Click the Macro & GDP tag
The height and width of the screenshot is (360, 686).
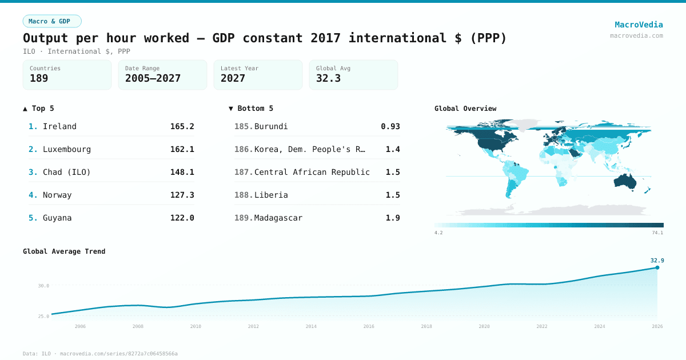tap(52, 21)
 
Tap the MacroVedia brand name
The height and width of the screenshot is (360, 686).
tap(639, 25)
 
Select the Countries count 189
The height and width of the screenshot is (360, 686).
tap(39, 78)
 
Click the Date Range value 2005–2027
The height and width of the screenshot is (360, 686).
tap(153, 78)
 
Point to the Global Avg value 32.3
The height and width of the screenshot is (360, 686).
tap(328, 78)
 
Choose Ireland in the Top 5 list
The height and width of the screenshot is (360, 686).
tap(59, 126)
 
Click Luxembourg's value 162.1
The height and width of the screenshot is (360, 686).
tap(182, 149)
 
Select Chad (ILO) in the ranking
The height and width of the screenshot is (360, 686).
tap(66, 172)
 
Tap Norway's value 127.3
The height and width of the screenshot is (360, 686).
tap(182, 195)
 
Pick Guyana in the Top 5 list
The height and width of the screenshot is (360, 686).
tap(57, 218)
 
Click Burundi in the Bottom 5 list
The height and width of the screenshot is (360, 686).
tap(271, 126)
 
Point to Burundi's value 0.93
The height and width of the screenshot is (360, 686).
tap(390, 126)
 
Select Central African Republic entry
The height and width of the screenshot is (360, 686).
tap(312, 172)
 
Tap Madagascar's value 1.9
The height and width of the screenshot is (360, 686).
tap(392, 218)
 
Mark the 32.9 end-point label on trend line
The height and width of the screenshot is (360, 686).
tap(657, 261)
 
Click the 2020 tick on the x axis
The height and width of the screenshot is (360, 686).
tap(484, 326)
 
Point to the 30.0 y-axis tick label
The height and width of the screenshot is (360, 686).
tap(43, 286)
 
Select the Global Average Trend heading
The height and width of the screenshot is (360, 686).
tap(64, 251)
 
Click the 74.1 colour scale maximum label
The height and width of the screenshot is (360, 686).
tap(657, 233)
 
